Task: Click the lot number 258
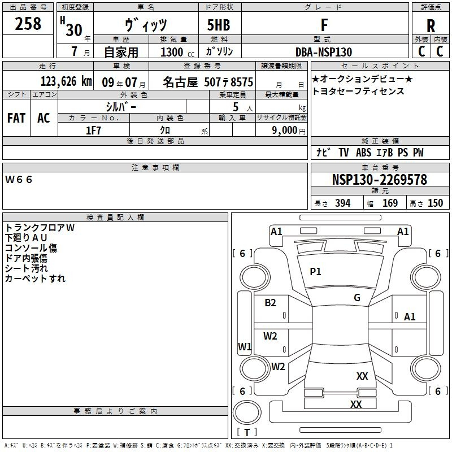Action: pos(28,24)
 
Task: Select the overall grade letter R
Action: pos(431,26)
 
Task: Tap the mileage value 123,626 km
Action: pos(66,81)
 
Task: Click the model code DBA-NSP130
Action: pos(324,52)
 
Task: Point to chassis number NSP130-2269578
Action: pos(380,180)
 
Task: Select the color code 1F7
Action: pos(94,131)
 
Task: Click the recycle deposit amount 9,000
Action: pos(285,131)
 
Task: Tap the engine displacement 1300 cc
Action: pos(177,52)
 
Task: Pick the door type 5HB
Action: pos(219,25)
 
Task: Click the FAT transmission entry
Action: pos(16,118)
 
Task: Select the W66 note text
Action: pos(19,180)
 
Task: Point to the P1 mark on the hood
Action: pos(315,272)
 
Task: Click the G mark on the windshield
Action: pos(357,298)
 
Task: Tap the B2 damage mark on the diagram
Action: pos(270,303)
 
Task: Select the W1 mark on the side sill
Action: pos(245,346)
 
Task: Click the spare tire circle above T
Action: pos(247,412)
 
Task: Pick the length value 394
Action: pos(343,203)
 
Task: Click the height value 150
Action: pos(435,203)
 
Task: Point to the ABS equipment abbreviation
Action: pos(363,153)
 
